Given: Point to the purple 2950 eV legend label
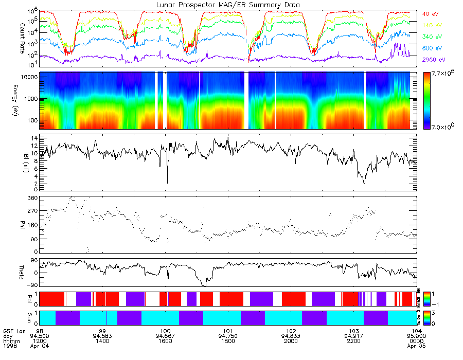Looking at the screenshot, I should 434,60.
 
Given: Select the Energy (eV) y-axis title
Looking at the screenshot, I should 23,100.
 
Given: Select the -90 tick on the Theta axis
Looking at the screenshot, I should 32,284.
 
